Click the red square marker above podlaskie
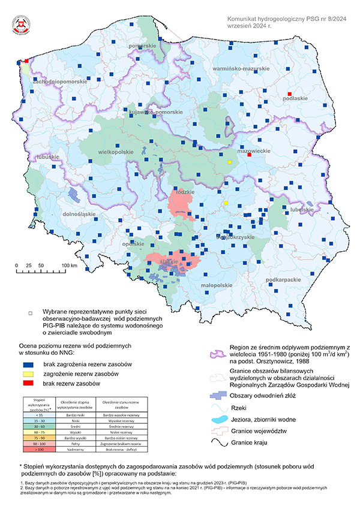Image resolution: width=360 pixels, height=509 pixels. pos(289,94)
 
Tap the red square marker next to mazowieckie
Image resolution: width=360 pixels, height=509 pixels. pos(250,155)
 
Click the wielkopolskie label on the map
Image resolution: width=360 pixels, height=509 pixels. pos(116,152)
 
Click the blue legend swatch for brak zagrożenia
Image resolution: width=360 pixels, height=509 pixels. pos(28,365)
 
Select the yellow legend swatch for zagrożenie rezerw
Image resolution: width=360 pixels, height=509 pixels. pos(28,374)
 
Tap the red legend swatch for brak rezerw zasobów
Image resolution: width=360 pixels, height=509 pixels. pos(28,384)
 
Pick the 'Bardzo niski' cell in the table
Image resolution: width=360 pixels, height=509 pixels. pos(76,415)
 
